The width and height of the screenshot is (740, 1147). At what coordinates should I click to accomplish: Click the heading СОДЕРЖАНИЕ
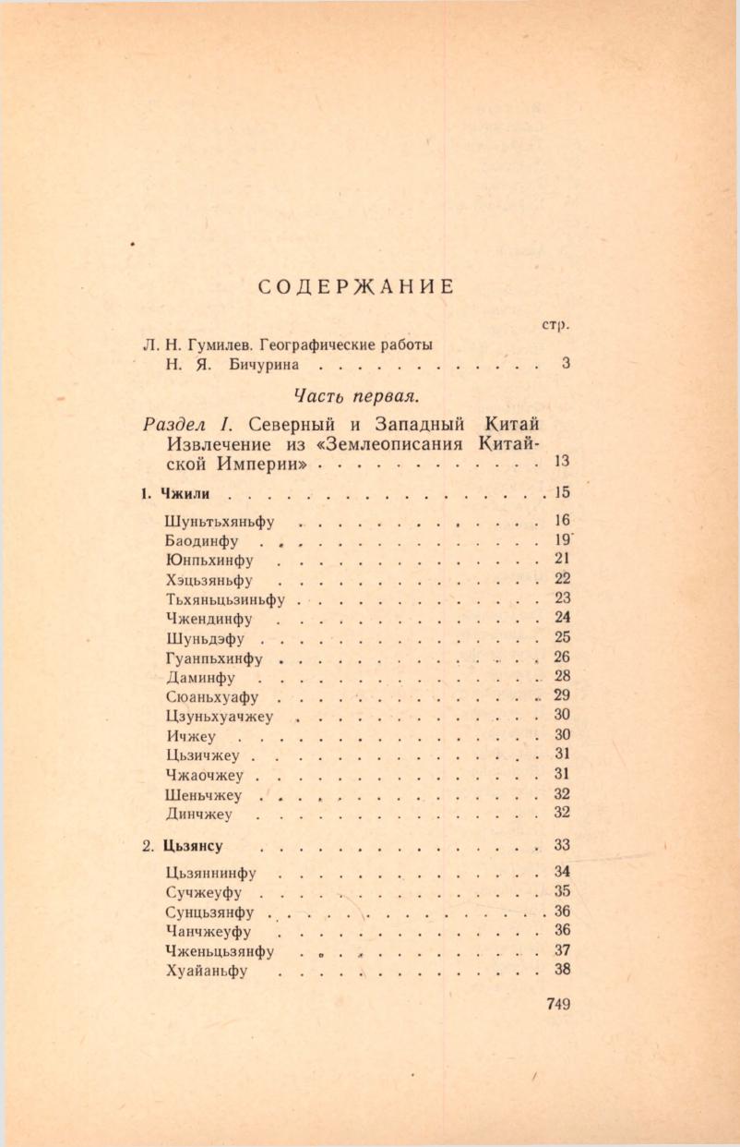coord(355,286)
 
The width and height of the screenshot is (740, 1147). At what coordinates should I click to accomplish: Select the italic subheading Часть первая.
coord(356,395)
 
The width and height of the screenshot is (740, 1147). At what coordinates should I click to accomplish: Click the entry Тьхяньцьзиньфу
coord(225,599)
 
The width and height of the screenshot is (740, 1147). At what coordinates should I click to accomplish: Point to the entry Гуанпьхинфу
coord(214,658)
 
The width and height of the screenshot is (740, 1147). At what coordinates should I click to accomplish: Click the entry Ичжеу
coord(191,736)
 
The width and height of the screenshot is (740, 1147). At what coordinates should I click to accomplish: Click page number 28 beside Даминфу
coord(562,676)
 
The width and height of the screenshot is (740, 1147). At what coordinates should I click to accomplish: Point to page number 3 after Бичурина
coord(565,364)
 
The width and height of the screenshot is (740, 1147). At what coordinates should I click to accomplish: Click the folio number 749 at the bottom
coord(559,1005)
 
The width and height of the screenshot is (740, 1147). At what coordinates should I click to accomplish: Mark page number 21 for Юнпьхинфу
coord(562,559)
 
